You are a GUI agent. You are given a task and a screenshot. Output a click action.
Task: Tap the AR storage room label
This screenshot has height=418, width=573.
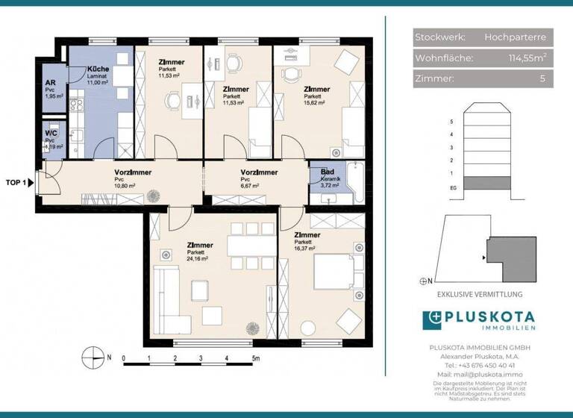(x=50, y=84)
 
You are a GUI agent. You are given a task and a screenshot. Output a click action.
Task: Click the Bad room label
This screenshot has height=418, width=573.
(x=327, y=172)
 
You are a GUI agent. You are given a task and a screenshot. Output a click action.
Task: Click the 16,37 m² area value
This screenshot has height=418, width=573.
(x=305, y=249)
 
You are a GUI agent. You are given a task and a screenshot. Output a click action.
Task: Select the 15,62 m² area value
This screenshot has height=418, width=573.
(x=316, y=103)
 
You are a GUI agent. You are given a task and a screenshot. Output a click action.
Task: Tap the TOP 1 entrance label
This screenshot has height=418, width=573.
(x=16, y=182)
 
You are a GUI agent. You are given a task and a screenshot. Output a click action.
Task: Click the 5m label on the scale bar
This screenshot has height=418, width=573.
(x=256, y=359)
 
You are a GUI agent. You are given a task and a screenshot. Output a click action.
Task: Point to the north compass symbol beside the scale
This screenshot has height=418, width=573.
(x=90, y=357)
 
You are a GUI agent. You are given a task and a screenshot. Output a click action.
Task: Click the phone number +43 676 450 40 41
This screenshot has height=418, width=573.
(x=489, y=366)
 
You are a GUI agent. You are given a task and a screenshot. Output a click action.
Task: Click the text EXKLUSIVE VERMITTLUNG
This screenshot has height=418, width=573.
(x=489, y=295)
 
